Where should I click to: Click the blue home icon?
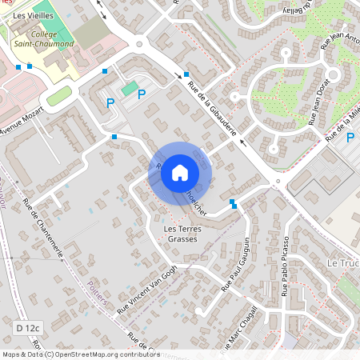[x=180, y=172]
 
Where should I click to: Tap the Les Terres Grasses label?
[x=180, y=234]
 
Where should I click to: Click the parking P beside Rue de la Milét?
[x=350, y=138]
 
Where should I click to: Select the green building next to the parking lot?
[x=129, y=87]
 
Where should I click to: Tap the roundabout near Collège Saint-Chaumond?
[x=140, y=45]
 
